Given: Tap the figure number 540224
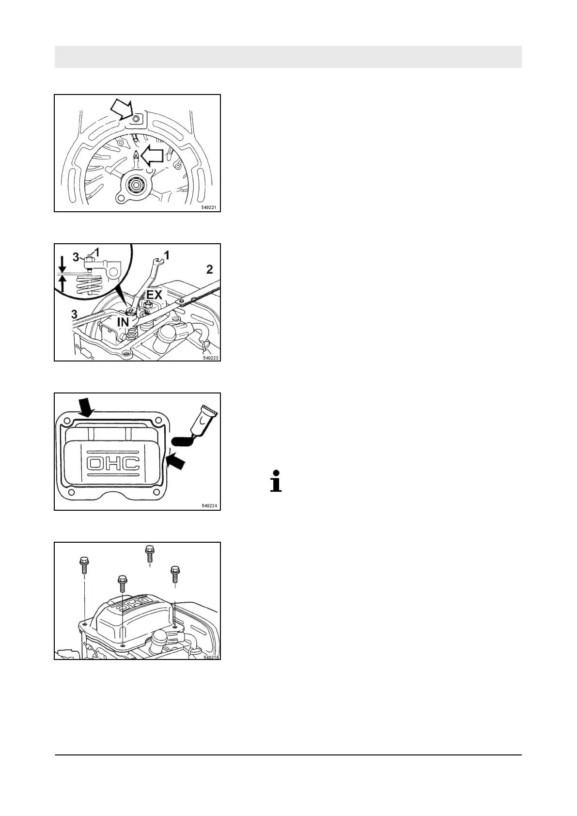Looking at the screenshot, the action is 209,506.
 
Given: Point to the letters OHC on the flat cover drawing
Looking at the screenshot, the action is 113,464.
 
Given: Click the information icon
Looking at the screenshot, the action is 276,481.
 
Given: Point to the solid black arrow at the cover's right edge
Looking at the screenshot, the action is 175,461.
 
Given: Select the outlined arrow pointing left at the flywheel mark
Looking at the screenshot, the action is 155,156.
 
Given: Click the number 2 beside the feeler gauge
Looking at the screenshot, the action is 210,269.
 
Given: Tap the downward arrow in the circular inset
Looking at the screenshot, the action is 62,266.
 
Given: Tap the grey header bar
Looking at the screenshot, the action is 288,57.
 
